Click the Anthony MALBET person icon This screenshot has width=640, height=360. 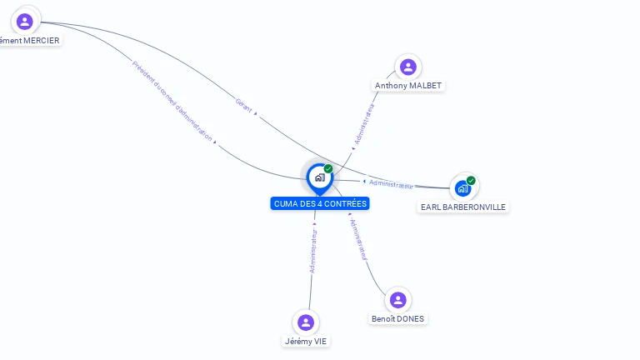pos(407,67)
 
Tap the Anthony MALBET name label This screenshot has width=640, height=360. pos(408,86)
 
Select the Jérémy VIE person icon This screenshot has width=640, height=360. pos(306,322)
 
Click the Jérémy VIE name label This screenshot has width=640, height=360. pos(306,341)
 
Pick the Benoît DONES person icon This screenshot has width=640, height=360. pos(398,300)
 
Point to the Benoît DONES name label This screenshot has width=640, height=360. pos(397,318)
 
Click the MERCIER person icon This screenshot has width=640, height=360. pos(24,22)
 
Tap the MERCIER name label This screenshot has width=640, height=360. pos(30,40)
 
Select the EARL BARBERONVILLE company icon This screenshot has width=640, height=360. pos(462,188)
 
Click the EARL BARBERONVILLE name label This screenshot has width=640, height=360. pos(462,207)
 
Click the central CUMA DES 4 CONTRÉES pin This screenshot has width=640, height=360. pos(318,177)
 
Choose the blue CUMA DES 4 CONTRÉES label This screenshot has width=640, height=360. pos(320,203)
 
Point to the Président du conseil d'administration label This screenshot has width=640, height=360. pos(172,101)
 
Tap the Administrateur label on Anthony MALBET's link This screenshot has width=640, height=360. pos(364,124)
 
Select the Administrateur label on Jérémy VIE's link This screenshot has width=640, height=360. pos(313,251)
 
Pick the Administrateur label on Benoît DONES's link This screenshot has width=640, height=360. pos(359,239)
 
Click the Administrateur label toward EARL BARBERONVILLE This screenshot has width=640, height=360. pos(391,183)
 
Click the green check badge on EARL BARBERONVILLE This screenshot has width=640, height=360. pos(471,180)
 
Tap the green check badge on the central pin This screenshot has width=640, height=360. pos(328,168)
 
